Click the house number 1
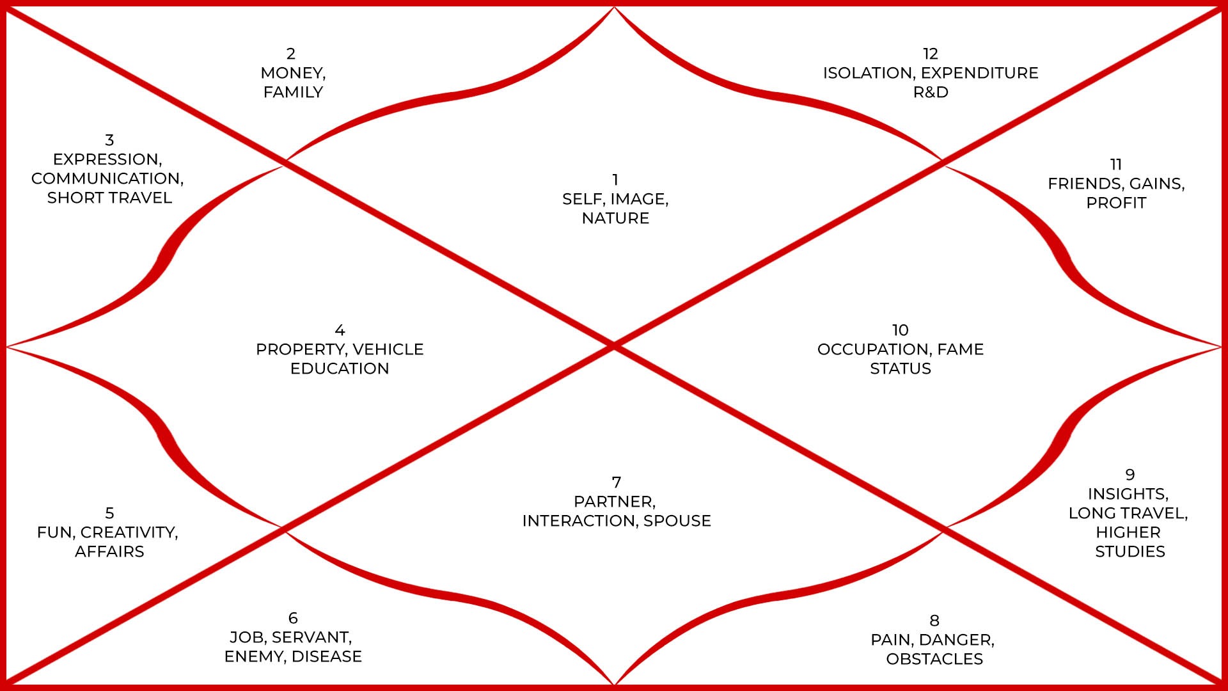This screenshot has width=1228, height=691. pyautogui.click(x=615, y=180)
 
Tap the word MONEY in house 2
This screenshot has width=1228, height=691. pyautogui.click(x=292, y=73)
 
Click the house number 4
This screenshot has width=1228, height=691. pyautogui.click(x=340, y=330)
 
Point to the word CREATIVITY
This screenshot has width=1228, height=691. pyautogui.click(x=128, y=532)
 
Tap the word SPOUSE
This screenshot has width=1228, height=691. pyautogui.click(x=677, y=521)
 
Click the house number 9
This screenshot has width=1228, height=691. pyautogui.click(x=1130, y=475)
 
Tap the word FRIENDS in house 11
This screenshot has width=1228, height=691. pyautogui.click(x=1085, y=184)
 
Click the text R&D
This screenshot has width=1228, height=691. pyautogui.click(x=931, y=92)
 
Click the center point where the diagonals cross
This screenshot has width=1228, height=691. pyautogui.click(x=614, y=345)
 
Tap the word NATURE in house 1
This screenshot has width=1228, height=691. pyautogui.click(x=615, y=218)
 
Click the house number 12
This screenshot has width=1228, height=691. pyautogui.click(x=931, y=54)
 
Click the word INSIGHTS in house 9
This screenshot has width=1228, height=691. pyautogui.click(x=1128, y=494)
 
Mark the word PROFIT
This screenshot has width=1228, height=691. pyautogui.click(x=1116, y=203)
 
